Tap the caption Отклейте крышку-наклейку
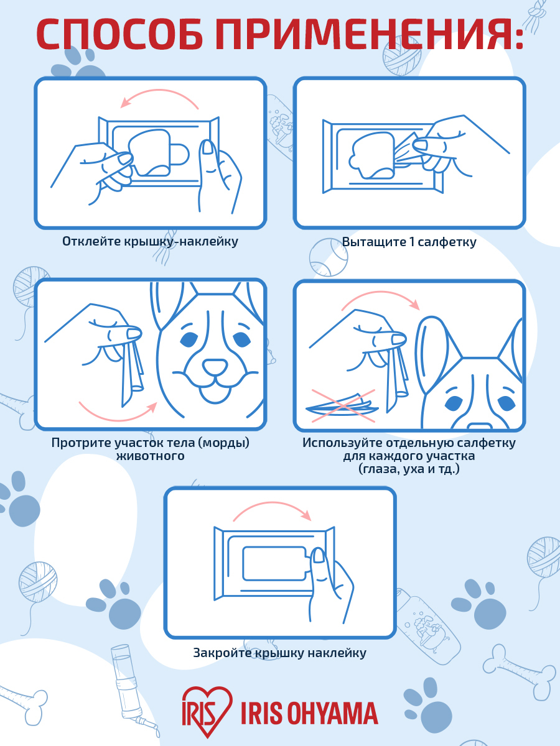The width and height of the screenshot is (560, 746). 150,241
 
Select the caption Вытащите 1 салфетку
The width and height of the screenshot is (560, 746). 409,242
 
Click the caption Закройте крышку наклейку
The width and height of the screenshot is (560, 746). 280,653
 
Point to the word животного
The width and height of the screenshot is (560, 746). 151,456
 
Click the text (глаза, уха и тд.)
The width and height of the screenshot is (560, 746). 409,469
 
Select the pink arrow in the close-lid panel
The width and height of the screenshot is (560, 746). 272,504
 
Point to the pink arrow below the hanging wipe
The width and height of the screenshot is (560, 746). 118,419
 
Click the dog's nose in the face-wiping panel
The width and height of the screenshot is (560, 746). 215,367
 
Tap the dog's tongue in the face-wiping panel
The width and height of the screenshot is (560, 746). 215,394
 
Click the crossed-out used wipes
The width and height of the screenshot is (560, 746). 343,406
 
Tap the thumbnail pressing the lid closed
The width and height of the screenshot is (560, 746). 319,555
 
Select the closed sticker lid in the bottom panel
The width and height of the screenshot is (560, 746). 275,563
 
